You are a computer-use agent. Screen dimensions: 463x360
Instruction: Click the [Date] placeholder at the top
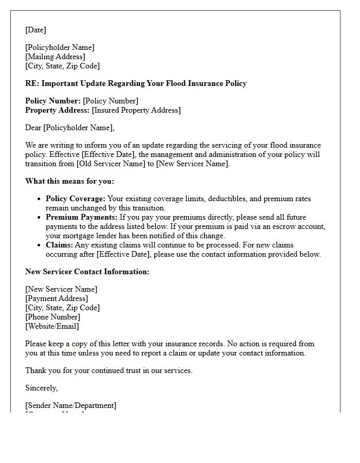coord(35,30)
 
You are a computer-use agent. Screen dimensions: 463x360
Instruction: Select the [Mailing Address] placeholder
coord(55,57)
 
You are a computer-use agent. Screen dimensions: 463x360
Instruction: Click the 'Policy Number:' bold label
coord(53,101)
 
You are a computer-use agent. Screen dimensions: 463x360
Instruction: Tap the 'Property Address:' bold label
coord(57,110)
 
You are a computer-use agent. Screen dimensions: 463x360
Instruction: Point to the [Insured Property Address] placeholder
coord(136,110)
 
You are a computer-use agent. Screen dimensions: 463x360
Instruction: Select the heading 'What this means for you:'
coord(69,181)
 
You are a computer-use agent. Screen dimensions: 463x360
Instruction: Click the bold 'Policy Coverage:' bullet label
coord(75,199)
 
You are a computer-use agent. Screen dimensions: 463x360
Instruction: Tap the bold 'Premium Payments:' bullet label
coord(81,217)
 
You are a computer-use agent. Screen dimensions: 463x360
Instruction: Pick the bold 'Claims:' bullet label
coord(59,245)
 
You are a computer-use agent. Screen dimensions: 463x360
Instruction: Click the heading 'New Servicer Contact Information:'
coord(87,272)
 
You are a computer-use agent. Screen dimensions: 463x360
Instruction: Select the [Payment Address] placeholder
coord(57,298)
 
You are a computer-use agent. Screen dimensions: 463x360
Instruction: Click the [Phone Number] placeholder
coord(52,317)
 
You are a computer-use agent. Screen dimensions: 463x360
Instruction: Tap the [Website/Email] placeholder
coord(52,326)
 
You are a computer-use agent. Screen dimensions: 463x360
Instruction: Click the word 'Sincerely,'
coord(41,388)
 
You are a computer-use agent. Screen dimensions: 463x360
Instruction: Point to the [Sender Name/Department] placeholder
coord(70,405)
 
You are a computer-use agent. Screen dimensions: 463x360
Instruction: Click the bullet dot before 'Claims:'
coord(40,245)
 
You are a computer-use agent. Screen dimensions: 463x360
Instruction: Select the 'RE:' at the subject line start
coord(32,83)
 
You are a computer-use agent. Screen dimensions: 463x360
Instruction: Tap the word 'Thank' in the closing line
coord(36,370)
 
